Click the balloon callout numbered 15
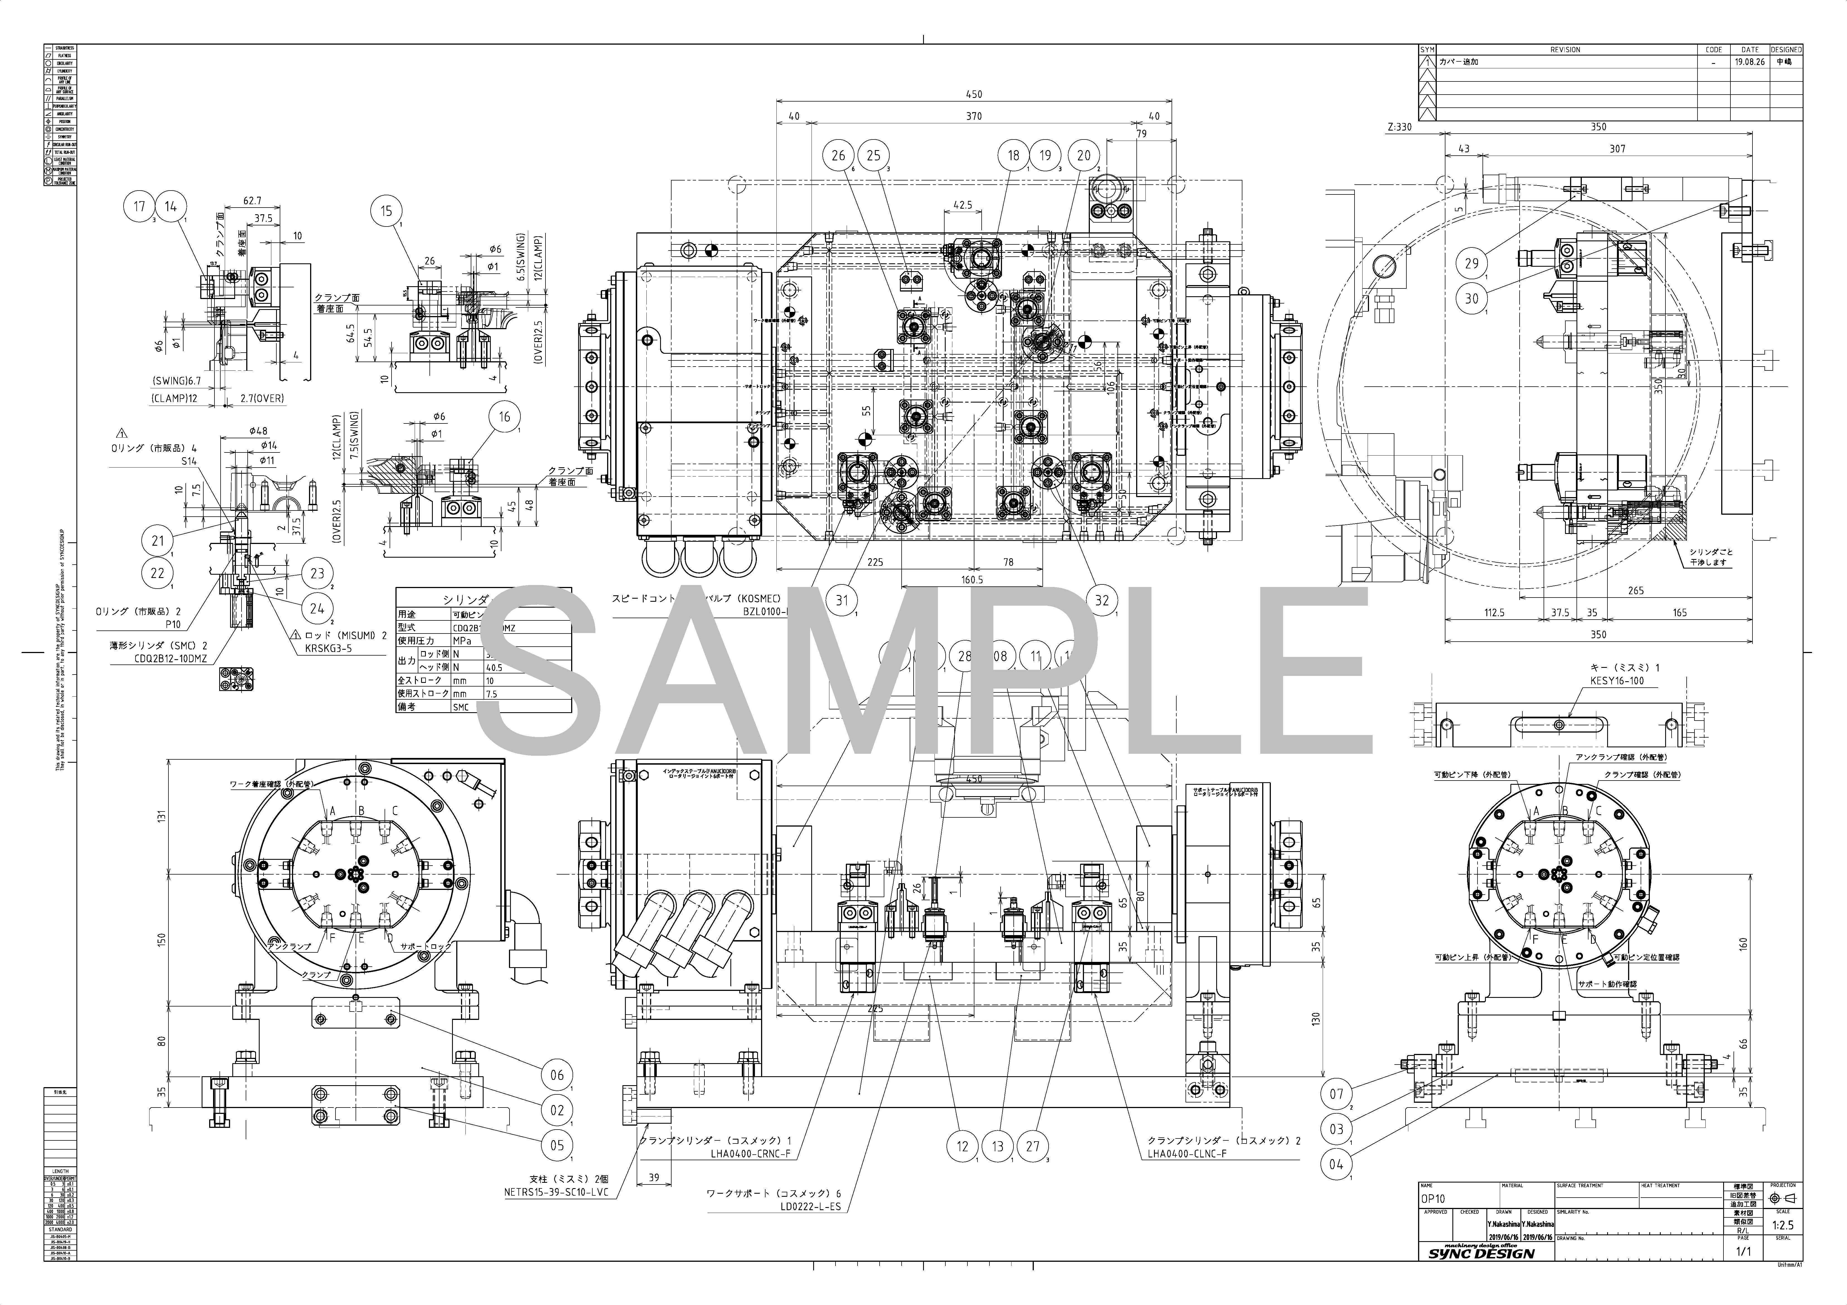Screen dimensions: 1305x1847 click(x=387, y=211)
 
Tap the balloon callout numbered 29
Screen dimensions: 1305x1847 click(x=1471, y=263)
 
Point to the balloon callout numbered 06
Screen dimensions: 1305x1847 click(x=557, y=1075)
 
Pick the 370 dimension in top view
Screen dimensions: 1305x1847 click(x=973, y=116)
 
